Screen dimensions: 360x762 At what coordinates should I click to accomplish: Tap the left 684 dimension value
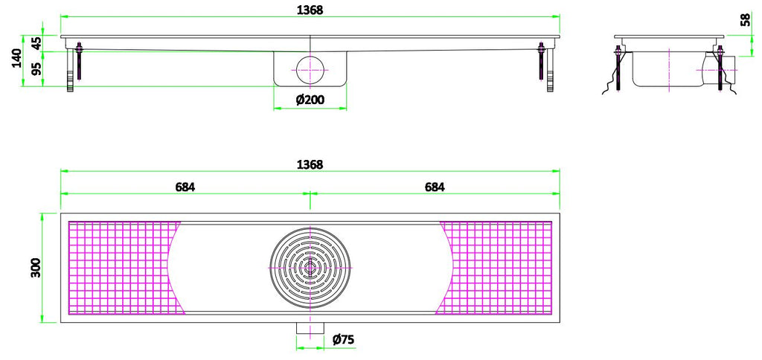(x=185, y=187)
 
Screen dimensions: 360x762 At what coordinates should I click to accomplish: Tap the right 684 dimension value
(x=435, y=187)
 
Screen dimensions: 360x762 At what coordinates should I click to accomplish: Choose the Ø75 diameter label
(x=342, y=340)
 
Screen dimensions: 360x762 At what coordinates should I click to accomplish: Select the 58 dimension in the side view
(x=745, y=19)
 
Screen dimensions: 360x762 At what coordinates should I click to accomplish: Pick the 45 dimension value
(x=36, y=43)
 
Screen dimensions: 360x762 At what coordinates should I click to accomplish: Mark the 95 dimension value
(x=36, y=68)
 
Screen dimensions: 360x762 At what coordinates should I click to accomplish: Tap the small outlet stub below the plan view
(x=310, y=330)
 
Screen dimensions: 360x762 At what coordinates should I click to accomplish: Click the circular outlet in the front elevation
(x=310, y=69)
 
